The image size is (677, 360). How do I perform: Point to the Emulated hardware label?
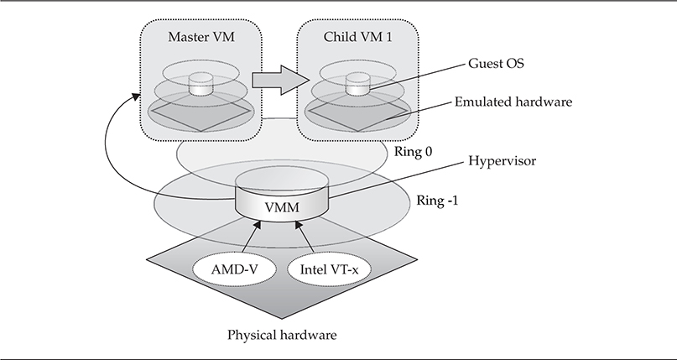[513, 102]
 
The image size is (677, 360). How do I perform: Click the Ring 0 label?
[412, 152]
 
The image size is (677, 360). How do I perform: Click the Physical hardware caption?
[282, 335]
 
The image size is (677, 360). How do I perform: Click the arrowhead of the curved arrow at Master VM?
[133, 99]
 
